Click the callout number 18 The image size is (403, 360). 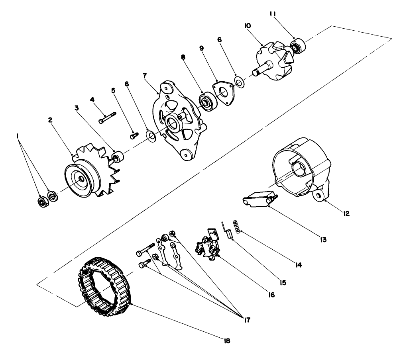[227, 341]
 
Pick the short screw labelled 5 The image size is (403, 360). [134, 135]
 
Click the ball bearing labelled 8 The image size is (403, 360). [207, 102]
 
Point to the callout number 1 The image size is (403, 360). [17, 136]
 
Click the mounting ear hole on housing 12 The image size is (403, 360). [319, 195]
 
